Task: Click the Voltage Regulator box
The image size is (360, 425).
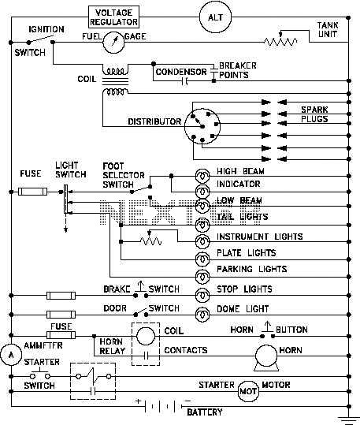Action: [113, 17]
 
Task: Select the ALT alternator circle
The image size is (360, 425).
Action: [215, 17]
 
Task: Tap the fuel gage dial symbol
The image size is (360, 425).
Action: [113, 43]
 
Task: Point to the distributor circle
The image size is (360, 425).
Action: [202, 126]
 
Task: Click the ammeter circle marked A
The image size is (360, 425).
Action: [11, 355]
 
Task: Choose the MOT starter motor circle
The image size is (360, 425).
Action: [248, 391]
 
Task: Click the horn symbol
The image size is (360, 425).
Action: [266, 358]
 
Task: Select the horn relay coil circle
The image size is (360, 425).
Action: [146, 336]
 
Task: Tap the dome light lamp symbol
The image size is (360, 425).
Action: [202, 315]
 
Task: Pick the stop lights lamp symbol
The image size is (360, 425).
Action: [202, 295]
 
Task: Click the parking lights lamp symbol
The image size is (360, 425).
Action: [202, 277]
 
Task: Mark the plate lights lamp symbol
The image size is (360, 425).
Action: [202, 259]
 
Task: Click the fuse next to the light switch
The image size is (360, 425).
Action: [33, 192]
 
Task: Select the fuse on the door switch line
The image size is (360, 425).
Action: [61, 315]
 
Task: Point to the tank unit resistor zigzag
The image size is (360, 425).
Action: [280, 42]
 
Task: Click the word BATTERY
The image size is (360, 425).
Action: [205, 412]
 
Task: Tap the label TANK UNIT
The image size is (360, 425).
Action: [328, 30]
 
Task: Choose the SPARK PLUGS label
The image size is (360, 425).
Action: [314, 114]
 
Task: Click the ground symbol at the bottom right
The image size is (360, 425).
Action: [349, 420]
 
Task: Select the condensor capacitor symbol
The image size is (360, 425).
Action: [184, 80]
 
